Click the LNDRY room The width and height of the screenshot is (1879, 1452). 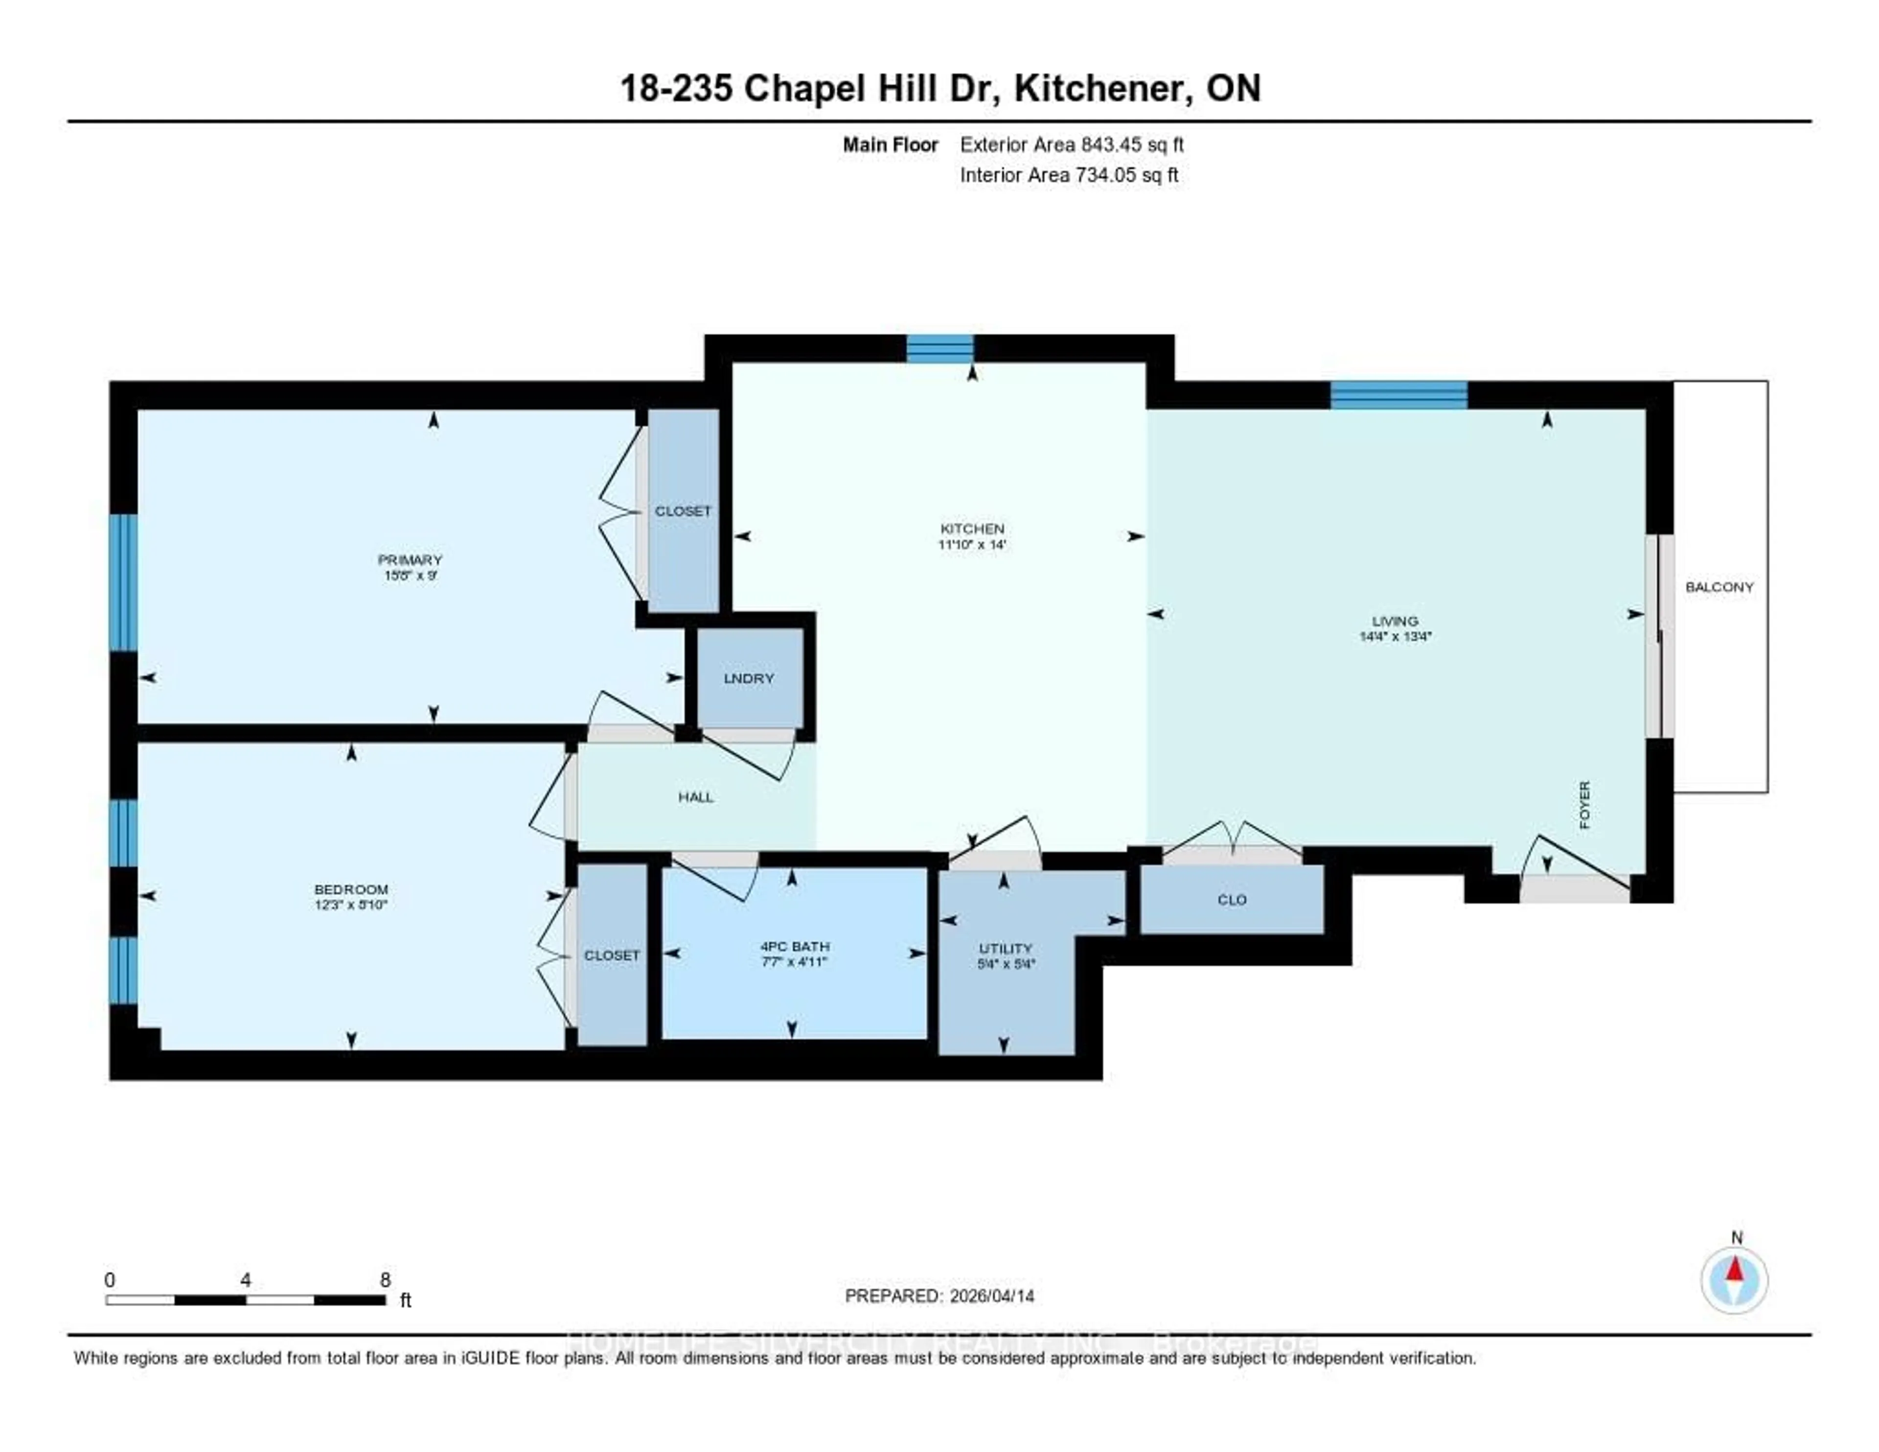pyautogui.click(x=749, y=678)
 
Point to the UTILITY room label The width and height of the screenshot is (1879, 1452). pyautogui.click(x=1005, y=948)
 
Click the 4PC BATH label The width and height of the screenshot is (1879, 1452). pyautogui.click(x=794, y=946)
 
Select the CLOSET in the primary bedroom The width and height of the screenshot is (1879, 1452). pyautogui.click(x=682, y=511)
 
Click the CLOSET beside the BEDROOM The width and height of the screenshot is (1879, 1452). pyautogui.click(x=612, y=956)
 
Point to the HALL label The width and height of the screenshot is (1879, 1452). pyautogui.click(x=695, y=797)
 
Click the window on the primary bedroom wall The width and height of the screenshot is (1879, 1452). pyautogui.click(x=123, y=582)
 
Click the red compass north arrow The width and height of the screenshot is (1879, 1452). pyautogui.click(x=1735, y=1269)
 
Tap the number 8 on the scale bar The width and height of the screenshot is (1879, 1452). pyautogui.click(x=386, y=1280)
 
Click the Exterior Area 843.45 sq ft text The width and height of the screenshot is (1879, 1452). pyautogui.click(x=1071, y=144)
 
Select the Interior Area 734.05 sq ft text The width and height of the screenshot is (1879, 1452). pyautogui.click(x=1069, y=176)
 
